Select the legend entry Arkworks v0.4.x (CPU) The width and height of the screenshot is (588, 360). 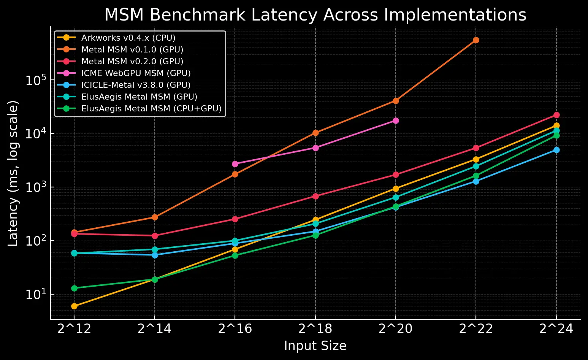128,38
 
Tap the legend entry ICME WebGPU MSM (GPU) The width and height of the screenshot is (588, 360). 136,73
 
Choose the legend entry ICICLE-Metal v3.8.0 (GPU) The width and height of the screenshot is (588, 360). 136,85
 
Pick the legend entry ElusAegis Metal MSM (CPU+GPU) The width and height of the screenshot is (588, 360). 151,108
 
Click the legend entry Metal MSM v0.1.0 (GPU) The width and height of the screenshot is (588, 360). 132,49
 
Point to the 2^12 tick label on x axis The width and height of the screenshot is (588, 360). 74,329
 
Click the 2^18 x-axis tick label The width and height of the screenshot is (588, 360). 315,329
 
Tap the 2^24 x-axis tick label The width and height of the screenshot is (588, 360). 556,329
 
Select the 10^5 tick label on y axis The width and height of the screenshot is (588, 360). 36,80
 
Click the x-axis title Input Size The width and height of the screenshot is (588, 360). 315,346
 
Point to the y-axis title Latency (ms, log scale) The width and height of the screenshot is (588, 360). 13,173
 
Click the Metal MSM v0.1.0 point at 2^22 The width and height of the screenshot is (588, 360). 476,40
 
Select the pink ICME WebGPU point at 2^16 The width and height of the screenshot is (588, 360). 235,164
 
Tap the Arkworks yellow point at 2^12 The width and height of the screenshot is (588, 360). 74,306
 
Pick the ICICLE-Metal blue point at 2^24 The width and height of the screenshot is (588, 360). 556,150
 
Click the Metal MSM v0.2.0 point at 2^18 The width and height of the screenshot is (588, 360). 315,196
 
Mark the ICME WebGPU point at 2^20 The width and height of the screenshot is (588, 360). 396,121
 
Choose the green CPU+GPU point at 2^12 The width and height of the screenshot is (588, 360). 74,288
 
